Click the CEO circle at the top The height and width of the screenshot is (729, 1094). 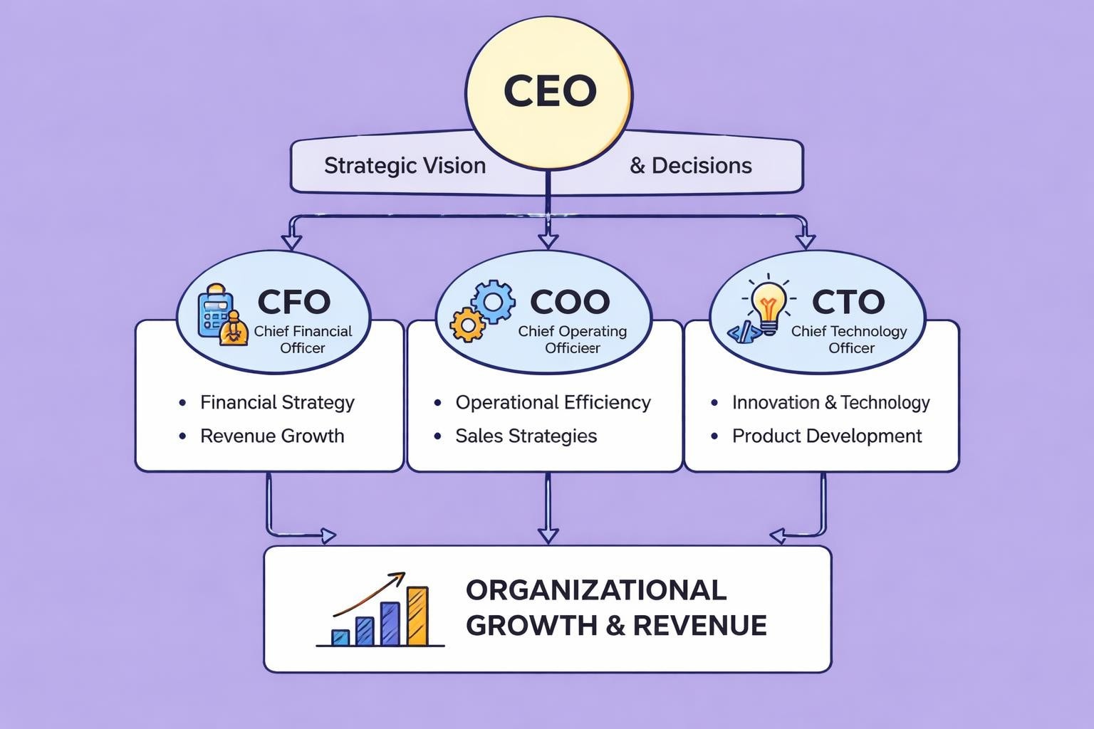click(x=548, y=91)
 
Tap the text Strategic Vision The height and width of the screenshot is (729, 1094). click(x=405, y=166)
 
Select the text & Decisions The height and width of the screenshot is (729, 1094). click(x=691, y=166)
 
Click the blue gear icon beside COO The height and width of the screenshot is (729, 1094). click(x=493, y=300)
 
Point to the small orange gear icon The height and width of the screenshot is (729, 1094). click(x=467, y=325)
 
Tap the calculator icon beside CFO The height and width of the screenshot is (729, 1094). click(x=214, y=312)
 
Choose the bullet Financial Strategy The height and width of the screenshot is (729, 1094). click(x=277, y=403)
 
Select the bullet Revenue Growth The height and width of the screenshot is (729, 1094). click(x=272, y=436)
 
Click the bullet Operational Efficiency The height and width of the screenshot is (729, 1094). click(x=553, y=403)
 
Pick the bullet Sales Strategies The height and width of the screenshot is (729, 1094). click(x=526, y=436)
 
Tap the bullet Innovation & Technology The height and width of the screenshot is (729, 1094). click(x=830, y=403)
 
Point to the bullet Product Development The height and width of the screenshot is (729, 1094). click(x=827, y=436)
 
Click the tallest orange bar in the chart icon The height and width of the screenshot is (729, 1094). click(x=417, y=616)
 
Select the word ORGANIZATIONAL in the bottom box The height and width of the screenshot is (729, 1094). click(x=596, y=590)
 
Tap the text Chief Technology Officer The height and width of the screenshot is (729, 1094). click(x=849, y=340)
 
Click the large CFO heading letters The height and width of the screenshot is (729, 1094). click(x=293, y=302)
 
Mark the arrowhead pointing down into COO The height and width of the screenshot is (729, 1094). click(x=548, y=240)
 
